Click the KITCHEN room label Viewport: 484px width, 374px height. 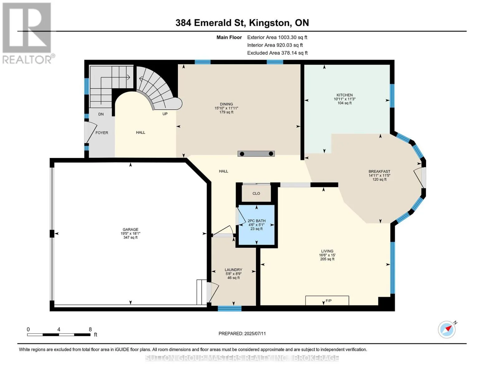point(344,95)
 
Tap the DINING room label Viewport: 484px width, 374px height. point(226,104)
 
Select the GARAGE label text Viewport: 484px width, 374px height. point(131,229)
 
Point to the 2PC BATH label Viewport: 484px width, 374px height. point(256,221)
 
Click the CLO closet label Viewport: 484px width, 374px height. point(256,193)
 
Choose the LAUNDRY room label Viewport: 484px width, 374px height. point(233,270)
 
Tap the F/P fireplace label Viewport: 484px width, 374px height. point(328,301)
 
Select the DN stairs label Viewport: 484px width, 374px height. point(101,114)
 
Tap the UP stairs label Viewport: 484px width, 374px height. point(165,114)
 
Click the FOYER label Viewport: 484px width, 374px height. point(102,133)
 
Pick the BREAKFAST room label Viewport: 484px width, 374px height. point(379,171)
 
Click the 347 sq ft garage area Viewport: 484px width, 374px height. point(131,237)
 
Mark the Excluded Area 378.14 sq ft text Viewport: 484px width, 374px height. point(277,53)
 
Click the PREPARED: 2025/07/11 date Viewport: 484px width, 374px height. point(242,333)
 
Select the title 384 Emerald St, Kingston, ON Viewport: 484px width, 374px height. point(242,23)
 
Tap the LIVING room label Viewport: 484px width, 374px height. point(327,251)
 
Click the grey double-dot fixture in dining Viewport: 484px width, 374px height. point(256,154)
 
